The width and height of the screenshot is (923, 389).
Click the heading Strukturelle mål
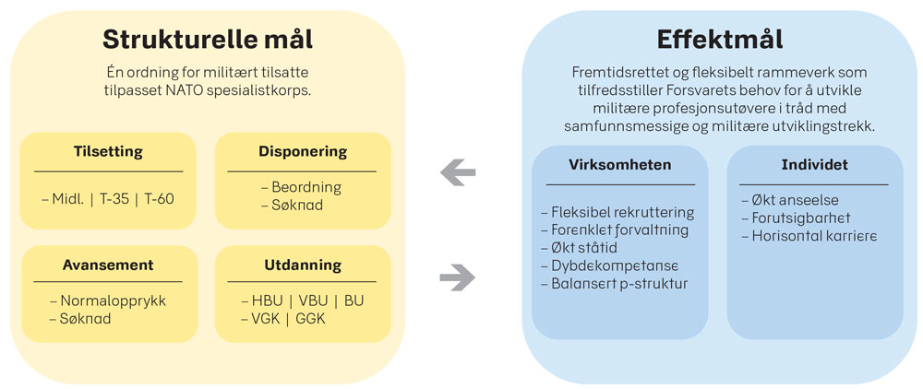point(208,40)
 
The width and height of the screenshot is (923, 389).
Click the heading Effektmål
point(720,40)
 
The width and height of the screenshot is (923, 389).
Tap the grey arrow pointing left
point(458,173)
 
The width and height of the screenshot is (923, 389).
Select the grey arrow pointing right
point(458,277)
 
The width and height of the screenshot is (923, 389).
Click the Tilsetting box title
point(108,151)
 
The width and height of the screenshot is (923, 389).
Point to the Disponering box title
point(303,151)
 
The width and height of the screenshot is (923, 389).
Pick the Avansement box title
point(108,265)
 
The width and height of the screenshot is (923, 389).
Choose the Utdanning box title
point(303,265)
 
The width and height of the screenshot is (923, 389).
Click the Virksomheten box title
point(620,164)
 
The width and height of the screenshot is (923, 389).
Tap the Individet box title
point(815,164)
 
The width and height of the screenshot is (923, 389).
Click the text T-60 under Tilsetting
point(160,199)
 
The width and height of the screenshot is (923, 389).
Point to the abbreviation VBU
point(313,301)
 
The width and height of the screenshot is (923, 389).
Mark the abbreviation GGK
point(310,319)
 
